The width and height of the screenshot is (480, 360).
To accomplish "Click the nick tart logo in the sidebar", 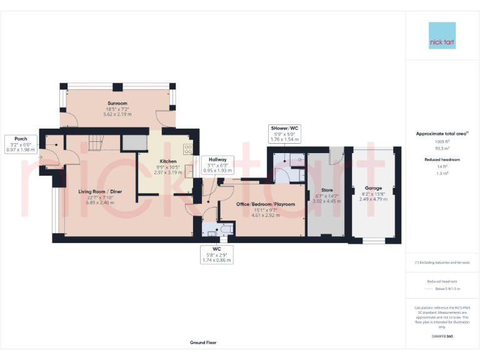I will [442, 36].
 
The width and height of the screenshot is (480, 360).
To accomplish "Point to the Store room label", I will [327, 190].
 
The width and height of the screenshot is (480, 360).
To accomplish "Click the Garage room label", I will [373, 187].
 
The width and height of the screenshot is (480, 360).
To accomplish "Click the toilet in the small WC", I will [222, 230].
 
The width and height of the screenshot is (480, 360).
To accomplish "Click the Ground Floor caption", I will [203, 342].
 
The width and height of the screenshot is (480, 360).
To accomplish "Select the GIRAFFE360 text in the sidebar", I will [442, 336].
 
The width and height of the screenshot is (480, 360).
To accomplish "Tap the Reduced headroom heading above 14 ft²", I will [442, 160].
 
